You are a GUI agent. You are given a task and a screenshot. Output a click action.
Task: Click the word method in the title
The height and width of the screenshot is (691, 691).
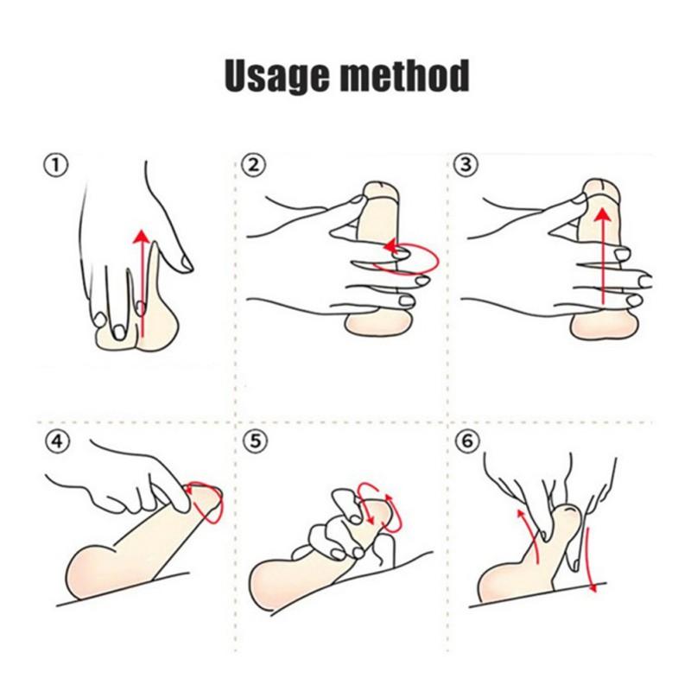[x=404, y=75]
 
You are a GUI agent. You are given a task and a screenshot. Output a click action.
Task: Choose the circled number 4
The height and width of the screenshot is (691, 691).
[x=56, y=441]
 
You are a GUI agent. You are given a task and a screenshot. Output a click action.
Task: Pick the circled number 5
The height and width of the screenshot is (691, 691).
[x=250, y=441]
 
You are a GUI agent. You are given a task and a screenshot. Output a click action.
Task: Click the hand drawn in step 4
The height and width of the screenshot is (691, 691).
[x=130, y=484]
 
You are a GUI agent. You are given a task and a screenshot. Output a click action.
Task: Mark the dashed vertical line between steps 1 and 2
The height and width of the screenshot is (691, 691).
[x=236, y=285]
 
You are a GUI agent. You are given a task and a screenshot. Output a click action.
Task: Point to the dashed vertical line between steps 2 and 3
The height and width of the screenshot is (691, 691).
[x=448, y=285]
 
